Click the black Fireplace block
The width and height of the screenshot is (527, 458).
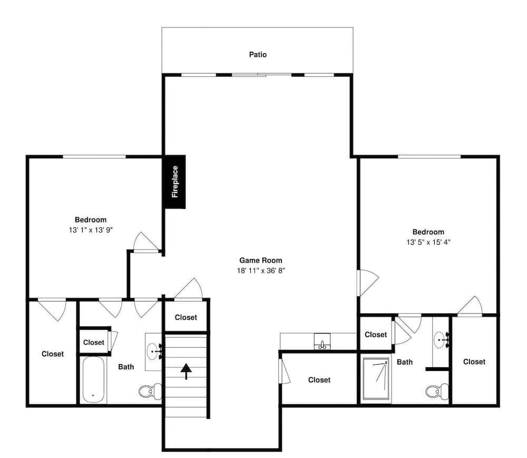click(x=174, y=182)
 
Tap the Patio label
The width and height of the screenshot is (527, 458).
click(x=258, y=54)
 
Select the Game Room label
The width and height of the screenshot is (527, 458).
click(x=260, y=260)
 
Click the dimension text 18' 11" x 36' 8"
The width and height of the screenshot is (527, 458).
click(x=260, y=271)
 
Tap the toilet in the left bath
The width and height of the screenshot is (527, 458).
click(x=150, y=391)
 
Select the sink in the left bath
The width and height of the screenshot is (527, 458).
click(x=154, y=349)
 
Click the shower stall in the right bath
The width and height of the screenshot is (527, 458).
click(x=376, y=379)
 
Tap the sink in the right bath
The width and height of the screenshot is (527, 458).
click(x=441, y=340)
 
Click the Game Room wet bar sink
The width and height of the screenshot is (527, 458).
click(x=321, y=342)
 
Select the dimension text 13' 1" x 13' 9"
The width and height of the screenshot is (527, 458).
click(x=91, y=230)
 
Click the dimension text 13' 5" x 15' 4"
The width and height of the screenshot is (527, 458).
click(x=428, y=242)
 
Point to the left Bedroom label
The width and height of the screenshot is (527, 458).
click(x=91, y=220)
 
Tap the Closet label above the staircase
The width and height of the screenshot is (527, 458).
click(x=186, y=317)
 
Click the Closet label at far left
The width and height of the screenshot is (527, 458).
click(x=52, y=354)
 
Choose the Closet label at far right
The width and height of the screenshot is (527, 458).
click(x=474, y=361)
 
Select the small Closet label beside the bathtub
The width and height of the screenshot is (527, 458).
click(x=94, y=342)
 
